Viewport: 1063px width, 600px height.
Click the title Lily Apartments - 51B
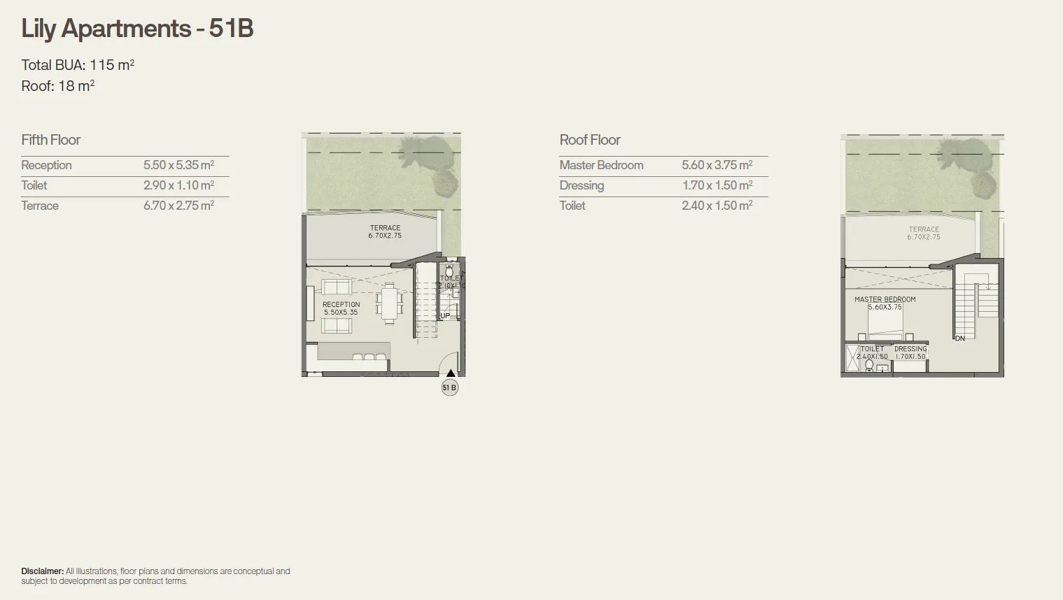(x=137, y=29)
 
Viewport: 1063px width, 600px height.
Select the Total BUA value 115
(x=101, y=65)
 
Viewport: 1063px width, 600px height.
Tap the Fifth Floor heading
(x=51, y=140)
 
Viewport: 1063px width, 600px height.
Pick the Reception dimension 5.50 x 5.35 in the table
(x=178, y=166)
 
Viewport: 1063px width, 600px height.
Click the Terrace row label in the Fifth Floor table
(x=40, y=206)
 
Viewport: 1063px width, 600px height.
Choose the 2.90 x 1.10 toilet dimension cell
(x=178, y=186)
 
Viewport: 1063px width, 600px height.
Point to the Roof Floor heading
(x=590, y=140)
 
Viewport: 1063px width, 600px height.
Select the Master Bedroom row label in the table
(x=601, y=166)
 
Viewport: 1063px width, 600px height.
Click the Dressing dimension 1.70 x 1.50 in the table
(x=717, y=186)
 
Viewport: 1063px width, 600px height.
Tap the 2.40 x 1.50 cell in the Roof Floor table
(x=717, y=206)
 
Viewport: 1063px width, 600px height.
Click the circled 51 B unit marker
(x=449, y=387)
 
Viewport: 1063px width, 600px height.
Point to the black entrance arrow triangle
(x=451, y=373)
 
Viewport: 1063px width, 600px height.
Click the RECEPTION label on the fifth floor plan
(x=342, y=305)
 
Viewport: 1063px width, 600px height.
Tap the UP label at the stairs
(x=445, y=316)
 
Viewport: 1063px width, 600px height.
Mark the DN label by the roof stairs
(x=959, y=338)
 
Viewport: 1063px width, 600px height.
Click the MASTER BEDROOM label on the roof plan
(x=885, y=299)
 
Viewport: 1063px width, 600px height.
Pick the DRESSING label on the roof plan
(x=910, y=349)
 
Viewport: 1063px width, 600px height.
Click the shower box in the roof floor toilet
(x=852, y=357)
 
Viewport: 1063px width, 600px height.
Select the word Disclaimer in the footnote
(x=42, y=571)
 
